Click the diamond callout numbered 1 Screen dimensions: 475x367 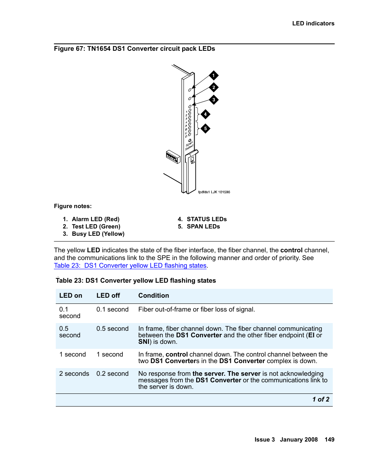214,75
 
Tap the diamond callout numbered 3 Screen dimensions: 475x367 214,100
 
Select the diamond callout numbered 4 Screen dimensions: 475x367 205,114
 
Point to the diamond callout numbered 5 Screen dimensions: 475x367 205,128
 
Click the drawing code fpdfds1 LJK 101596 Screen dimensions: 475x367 214,192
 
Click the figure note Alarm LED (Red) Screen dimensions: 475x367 95,219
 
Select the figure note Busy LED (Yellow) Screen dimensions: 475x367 98,234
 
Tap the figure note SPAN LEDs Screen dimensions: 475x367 203,227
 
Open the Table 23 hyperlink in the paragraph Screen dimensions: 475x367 130,265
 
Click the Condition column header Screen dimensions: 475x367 153,295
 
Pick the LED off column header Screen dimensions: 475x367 108,295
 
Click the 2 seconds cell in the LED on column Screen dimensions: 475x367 74,373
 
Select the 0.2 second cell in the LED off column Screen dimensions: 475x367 112,373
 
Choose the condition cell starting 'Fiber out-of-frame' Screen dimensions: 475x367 196,309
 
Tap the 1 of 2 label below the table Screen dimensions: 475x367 320,399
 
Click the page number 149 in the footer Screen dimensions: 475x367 329,439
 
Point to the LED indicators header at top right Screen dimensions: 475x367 313,23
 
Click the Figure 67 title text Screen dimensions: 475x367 134,48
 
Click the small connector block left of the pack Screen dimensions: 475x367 173,157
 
